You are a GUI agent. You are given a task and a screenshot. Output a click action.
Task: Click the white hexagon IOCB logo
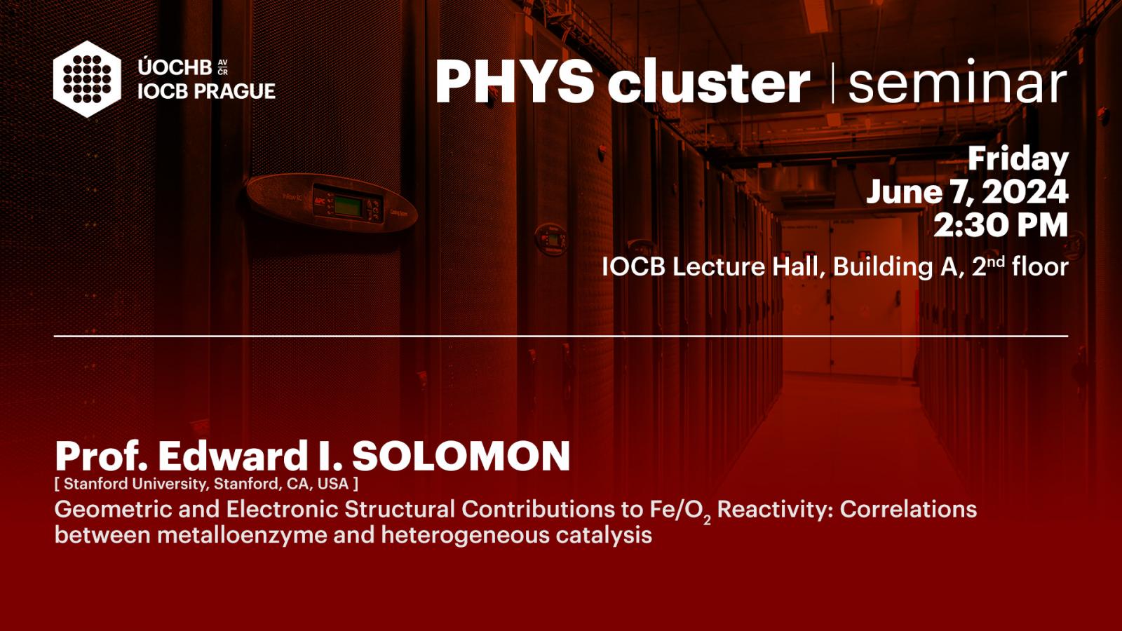(87, 79)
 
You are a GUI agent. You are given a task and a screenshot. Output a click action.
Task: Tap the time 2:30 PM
(1001, 225)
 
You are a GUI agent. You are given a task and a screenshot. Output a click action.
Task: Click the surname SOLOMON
(461, 456)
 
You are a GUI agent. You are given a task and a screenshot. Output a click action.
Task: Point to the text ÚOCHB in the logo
(175, 67)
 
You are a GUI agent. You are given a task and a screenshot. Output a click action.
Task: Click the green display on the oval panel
(348, 206)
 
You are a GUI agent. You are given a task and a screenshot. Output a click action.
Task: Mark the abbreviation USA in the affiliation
(333, 484)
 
